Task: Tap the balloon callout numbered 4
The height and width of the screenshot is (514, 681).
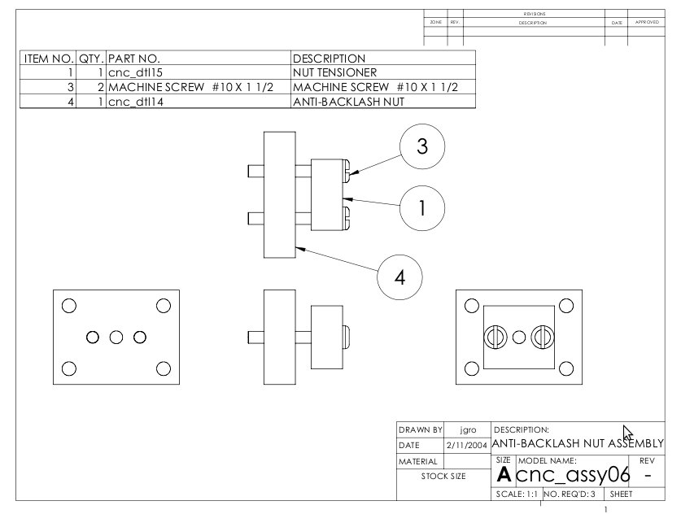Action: [x=399, y=277]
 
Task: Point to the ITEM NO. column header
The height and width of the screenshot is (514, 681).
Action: [x=49, y=59]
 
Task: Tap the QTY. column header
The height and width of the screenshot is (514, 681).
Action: [x=90, y=59]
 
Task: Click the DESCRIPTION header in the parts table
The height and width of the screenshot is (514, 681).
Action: [x=330, y=59]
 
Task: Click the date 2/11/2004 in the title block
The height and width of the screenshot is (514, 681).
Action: [x=467, y=445]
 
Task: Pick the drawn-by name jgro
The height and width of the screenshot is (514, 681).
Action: [x=468, y=429]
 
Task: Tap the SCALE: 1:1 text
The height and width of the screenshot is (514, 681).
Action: [x=516, y=494]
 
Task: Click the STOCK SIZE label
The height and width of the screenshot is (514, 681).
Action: [x=443, y=477]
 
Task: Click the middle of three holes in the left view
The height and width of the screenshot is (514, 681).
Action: [x=116, y=337]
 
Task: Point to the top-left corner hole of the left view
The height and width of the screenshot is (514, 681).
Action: [x=69, y=306]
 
